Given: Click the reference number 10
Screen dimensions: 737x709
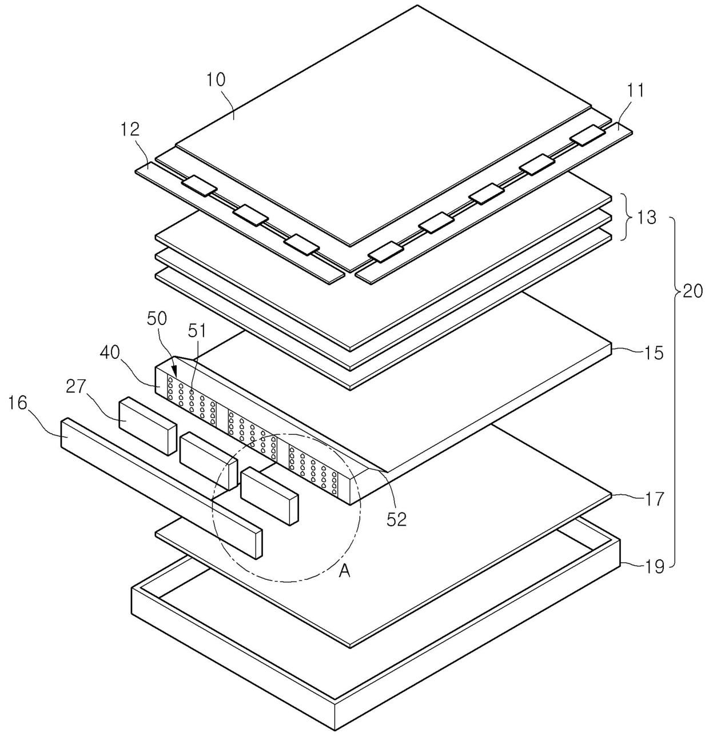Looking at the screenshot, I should (217, 79).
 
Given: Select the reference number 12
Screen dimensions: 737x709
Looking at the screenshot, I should (130, 129).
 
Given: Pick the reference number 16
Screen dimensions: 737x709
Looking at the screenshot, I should (18, 403).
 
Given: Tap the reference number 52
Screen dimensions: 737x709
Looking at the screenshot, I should (396, 519).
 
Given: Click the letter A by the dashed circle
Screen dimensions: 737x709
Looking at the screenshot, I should (344, 570).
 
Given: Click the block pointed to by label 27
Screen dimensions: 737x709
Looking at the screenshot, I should (146, 426).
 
